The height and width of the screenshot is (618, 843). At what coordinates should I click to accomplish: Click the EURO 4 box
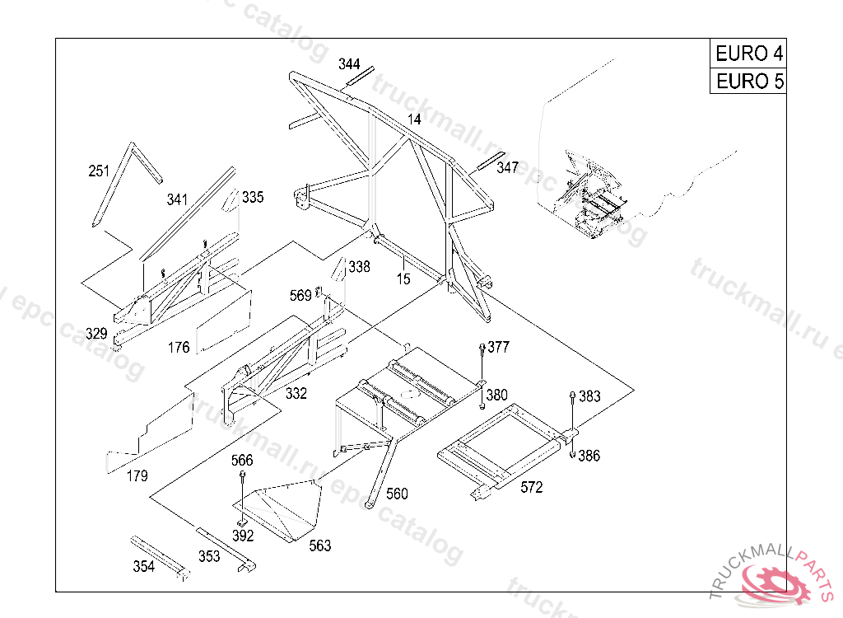(x=748, y=54)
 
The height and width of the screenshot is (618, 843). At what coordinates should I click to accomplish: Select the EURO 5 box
(x=748, y=82)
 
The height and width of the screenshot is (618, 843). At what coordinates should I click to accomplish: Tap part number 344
(x=349, y=64)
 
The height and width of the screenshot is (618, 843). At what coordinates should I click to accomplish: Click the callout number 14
(x=414, y=119)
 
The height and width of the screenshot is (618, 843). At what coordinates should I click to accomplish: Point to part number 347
(x=507, y=167)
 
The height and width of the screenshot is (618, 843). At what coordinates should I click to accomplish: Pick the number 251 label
(x=99, y=171)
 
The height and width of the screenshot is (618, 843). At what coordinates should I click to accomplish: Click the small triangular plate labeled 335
(x=231, y=199)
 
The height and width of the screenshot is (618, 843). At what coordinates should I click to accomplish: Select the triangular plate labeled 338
(x=338, y=269)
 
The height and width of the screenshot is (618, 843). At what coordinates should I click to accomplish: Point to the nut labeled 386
(x=573, y=456)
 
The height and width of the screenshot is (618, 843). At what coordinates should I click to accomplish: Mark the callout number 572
(x=531, y=487)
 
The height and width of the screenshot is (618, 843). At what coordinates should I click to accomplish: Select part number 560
(x=397, y=494)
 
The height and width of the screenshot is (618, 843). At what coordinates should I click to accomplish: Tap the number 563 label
(x=320, y=545)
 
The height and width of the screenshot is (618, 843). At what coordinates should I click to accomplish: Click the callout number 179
(x=137, y=476)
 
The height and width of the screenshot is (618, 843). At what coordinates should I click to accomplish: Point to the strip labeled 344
(x=360, y=76)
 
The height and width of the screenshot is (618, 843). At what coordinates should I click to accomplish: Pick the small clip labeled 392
(x=243, y=523)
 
